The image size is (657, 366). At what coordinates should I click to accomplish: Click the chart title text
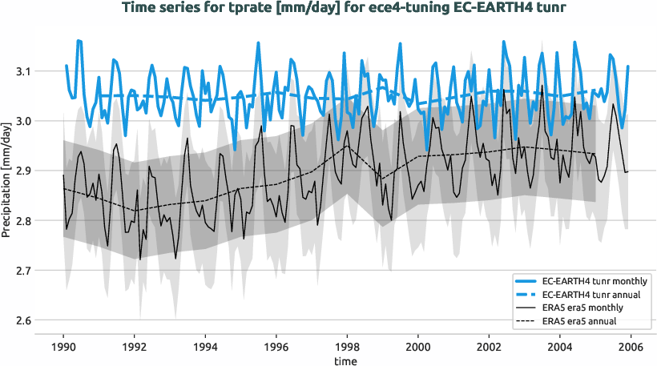[328, 8]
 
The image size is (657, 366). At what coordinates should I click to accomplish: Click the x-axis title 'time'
[347, 361]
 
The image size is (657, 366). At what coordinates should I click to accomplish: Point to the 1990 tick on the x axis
[63, 347]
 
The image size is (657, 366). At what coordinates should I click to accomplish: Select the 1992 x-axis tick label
[135, 347]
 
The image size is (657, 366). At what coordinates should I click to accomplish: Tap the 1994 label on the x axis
[205, 347]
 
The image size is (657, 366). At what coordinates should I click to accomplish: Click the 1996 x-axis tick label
[276, 347]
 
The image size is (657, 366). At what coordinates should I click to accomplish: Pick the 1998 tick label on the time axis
[347, 347]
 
